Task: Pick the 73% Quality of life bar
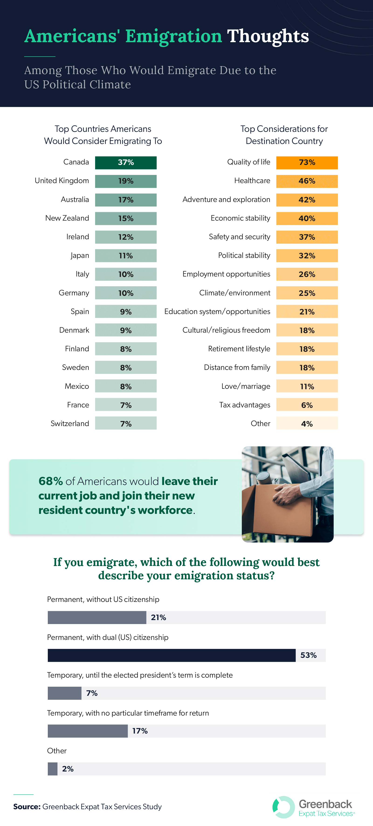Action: pyautogui.click(x=307, y=163)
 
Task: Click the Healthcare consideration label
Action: pyautogui.click(x=252, y=181)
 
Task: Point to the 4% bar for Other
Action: pyautogui.click(x=307, y=423)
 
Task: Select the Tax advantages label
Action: pyautogui.click(x=245, y=405)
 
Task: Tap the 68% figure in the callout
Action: pyautogui.click(x=50, y=481)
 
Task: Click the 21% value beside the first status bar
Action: pyautogui.click(x=158, y=617)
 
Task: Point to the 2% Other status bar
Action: pyautogui.click(x=53, y=769)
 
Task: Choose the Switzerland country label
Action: pyautogui.click(x=70, y=423)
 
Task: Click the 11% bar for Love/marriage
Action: pyautogui.click(x=307, y=386)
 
